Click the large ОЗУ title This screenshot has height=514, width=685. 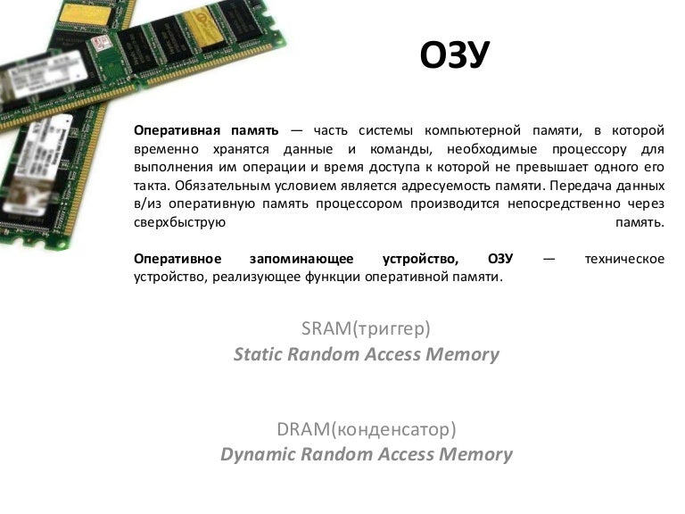coord(454,54)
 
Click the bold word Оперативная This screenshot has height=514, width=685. coord(177,130)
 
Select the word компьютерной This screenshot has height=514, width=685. coord(473,131)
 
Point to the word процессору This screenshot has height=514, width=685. coord(590,150)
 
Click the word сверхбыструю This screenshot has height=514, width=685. coord(179,222)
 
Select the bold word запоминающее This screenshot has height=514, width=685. coord(301,259)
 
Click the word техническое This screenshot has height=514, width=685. coord(624,259)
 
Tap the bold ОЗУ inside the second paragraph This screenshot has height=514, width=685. coord(500,258)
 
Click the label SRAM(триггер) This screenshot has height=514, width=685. coord(366,328)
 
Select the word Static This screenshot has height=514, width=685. coord(258,354)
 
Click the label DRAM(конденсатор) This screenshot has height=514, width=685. coord(367,429)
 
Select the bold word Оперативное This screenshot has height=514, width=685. coord(177,259)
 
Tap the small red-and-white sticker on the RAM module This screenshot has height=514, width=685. coord(100,43)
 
